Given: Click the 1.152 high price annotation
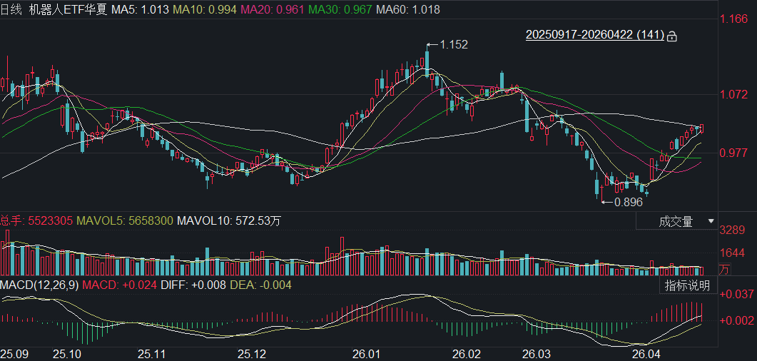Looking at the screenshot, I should tap(454, 44).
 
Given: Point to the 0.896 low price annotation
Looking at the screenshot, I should tap(628, 202).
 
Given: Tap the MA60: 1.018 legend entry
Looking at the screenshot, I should tap(407, 10).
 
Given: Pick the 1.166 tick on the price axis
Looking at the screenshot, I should tap(733, 19).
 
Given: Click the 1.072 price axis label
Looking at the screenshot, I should tap(733, 94).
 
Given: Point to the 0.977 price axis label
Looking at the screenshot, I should tap(733, 153).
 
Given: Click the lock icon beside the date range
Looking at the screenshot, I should tap(671, 35).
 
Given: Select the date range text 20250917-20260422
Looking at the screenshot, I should tap(579, 34).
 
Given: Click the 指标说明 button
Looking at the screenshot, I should tap(687, 286).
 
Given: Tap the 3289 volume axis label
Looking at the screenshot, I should tap(733, 230).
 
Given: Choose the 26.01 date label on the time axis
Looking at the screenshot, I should tap(367, 353).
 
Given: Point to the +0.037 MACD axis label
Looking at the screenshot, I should tap(736, 294).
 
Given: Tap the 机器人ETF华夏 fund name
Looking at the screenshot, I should tap(71, 10).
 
